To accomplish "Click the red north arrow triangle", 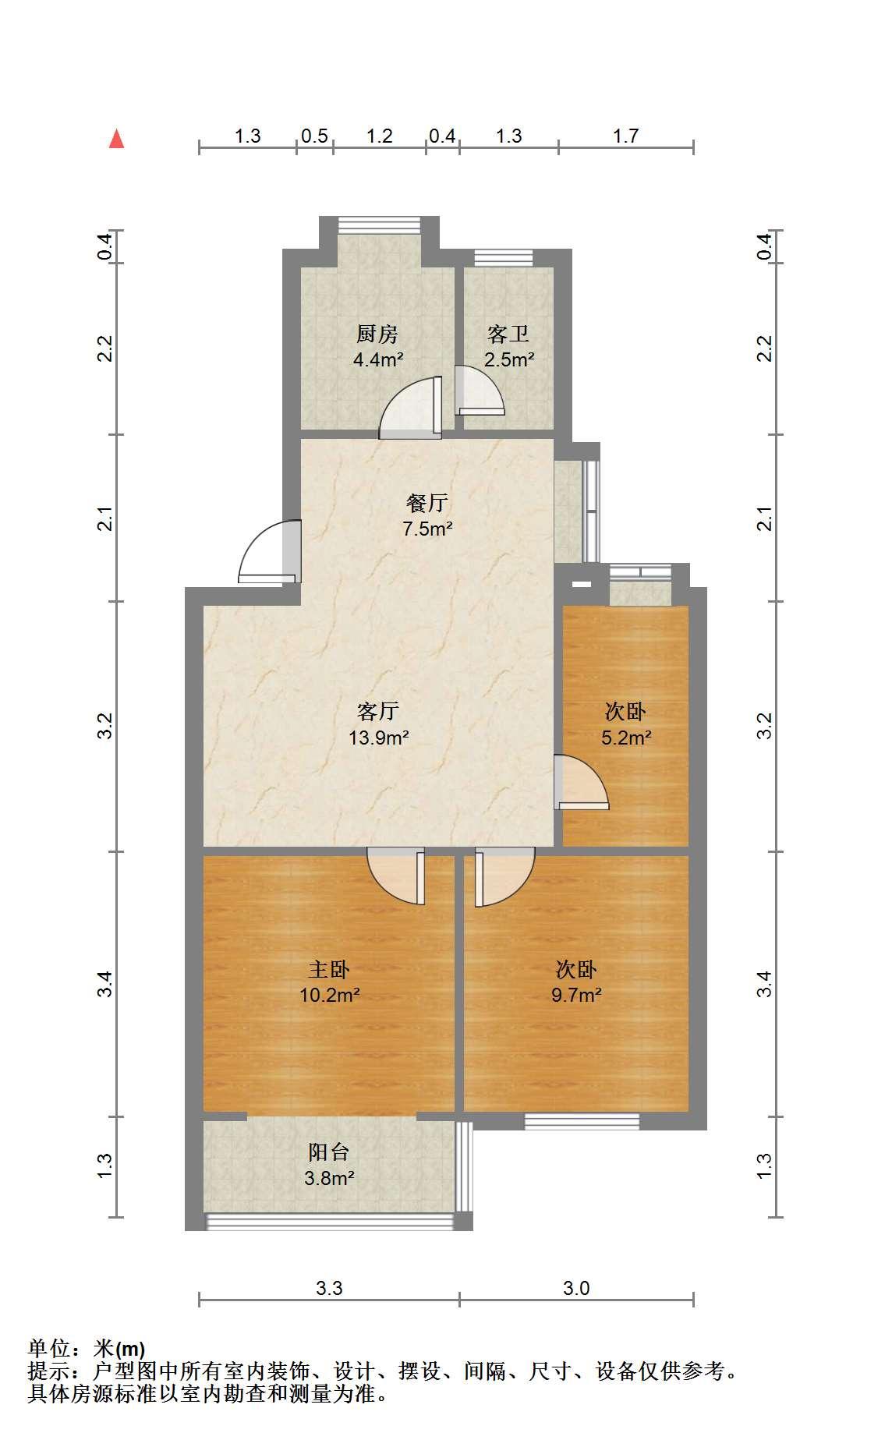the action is coord(116,139).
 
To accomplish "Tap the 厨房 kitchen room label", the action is coord(377,334).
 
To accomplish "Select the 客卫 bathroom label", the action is coord(508,334).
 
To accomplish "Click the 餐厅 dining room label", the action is coord(427,503).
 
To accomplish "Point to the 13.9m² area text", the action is coord(379,737).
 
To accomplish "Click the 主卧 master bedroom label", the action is coord(329,969).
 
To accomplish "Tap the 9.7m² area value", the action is coord(576,995).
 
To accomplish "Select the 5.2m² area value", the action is coord(626,737).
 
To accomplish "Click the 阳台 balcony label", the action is coord(328,1152).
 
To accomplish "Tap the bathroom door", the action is coord(479,391).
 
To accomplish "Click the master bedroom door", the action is coord(396,877).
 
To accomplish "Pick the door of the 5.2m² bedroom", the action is coord(581,782).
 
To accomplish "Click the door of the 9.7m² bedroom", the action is coord(504,877).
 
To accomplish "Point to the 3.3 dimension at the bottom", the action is coord(329,1288).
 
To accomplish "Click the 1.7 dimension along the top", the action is coord(625,136).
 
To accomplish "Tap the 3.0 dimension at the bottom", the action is coord(576,1288).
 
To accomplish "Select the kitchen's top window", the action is coord(379,225).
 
